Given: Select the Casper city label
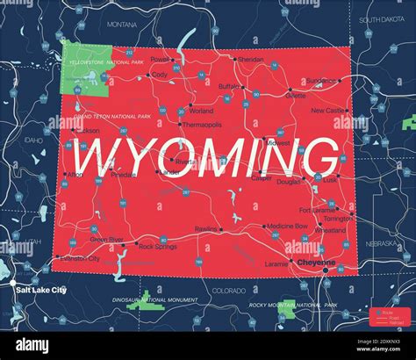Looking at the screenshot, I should click(x=261, y=178).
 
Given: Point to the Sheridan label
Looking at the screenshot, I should click(x=251, y=60).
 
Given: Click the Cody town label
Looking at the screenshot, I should click(x=159, y=76).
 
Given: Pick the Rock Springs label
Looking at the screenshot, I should click(x=158, y=247).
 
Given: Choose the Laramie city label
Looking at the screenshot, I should click(x=276, y=263).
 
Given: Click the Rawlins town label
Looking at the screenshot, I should click(x=206, y=228).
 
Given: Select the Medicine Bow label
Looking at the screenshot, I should click(x=287, y=226).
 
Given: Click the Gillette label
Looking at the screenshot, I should click(x=296, y=96).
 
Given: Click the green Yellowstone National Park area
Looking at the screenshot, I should click(x=86, y=70).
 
